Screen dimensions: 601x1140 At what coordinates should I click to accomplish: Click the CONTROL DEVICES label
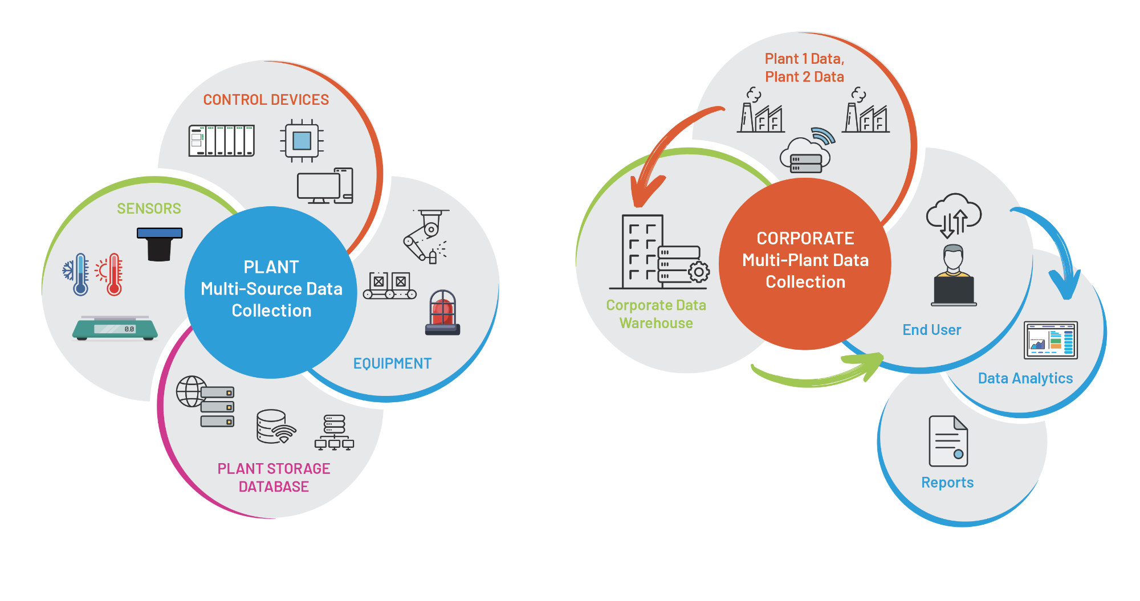[266, 100]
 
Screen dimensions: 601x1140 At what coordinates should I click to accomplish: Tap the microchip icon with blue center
[302, 140]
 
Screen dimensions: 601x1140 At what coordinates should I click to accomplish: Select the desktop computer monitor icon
[319, 187]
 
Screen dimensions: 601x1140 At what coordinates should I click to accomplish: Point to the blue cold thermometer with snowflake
[78, 275]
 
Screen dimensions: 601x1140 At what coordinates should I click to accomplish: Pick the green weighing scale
[115, 328]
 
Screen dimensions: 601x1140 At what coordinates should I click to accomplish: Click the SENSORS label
[149, 208]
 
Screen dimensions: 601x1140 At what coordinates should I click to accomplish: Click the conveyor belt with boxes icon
[390, 285]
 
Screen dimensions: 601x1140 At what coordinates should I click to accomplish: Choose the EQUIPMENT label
[392, 363]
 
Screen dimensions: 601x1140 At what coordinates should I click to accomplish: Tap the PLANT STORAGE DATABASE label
[274, 477]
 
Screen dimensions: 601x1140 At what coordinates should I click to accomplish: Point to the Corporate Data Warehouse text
[656, 314]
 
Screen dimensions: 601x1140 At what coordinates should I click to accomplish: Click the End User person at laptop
[954, 276]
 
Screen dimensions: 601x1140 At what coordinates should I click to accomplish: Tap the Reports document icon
[948, 441]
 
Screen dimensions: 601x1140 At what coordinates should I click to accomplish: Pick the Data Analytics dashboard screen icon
[1051, 340]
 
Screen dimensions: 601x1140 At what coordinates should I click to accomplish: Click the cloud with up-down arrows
[954, 216]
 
